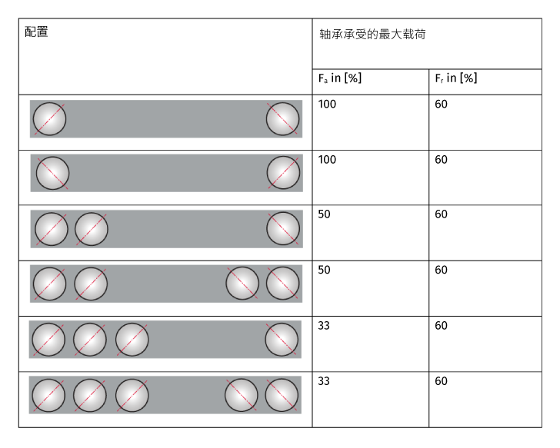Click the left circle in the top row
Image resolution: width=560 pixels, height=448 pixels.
point(49,119)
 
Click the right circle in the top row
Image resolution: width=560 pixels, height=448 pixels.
point(282,119)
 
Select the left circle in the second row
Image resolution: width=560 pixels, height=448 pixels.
point(52,173)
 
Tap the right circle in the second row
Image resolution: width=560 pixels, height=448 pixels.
point(283,173)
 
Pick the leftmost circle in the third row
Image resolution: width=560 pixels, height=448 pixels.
point(52,229)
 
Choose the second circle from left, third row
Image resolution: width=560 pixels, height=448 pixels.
point(92,229)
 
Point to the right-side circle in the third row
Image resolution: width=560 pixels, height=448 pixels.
point(283,228)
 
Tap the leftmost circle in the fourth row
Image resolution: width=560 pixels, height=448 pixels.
point(49,284)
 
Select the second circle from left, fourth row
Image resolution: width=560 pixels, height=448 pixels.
point(91,284)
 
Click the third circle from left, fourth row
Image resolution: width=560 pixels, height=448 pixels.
point(242,283)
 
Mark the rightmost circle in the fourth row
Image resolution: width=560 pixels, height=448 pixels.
point(282,283)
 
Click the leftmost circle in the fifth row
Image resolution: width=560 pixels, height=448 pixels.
point(48,339)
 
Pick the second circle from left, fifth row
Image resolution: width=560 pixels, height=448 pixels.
point(90,339)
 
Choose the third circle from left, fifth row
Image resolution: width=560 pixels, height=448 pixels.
point(132,339)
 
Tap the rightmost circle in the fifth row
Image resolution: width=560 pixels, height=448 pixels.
point(282,339)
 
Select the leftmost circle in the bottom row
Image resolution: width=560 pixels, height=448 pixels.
point(48,395)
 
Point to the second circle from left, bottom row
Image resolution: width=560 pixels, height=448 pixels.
point(90,395)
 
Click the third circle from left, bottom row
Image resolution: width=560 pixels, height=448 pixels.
point(132,395)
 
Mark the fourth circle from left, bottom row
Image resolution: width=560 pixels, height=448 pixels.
point(242,395)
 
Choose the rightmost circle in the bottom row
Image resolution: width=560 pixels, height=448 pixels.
point(282,395)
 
